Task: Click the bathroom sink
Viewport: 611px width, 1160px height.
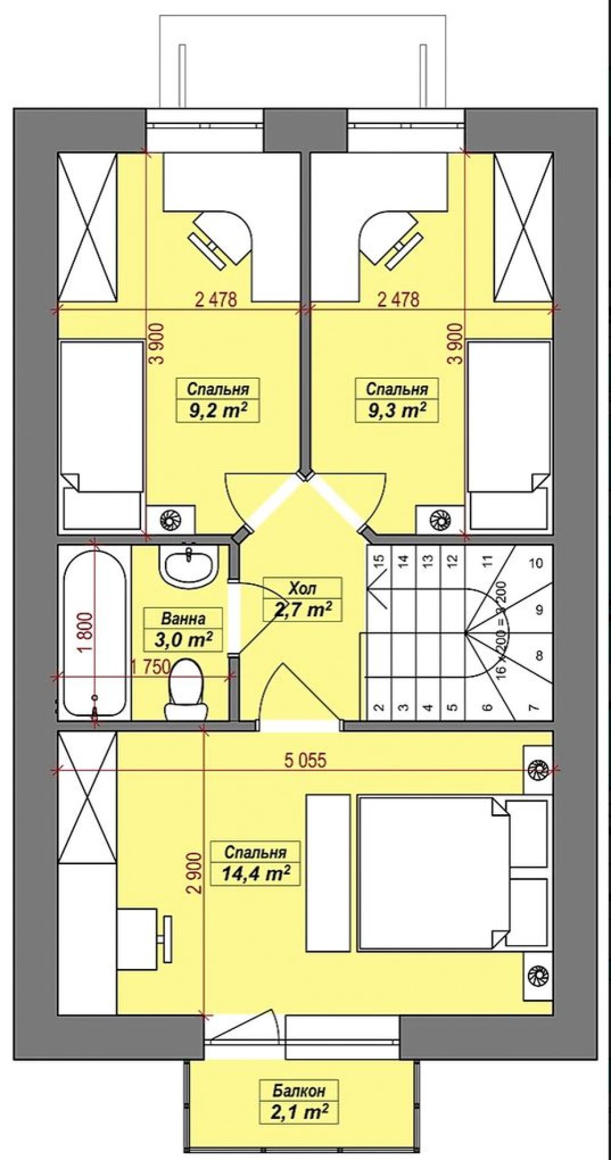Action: point(189,565)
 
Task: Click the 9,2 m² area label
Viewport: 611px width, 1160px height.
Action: point(214,410)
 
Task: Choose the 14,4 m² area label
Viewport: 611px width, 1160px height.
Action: point(255,874)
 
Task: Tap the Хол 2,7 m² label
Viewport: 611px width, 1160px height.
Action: point(302,599)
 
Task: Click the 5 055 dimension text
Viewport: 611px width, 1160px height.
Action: point(305,760)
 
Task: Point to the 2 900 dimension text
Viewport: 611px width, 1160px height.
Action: point(194,874)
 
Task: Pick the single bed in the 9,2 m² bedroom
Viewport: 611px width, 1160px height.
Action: point(101,436)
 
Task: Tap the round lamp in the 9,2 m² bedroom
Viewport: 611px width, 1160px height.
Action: point(167,520)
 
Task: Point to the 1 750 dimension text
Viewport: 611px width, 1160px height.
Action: point(150,667)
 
